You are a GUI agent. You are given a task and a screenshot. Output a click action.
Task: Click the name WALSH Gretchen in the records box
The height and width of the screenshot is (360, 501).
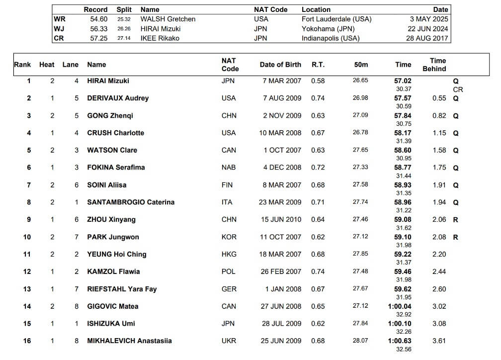pos(168,19)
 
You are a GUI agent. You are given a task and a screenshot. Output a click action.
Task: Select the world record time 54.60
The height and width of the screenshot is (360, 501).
pos(99,19)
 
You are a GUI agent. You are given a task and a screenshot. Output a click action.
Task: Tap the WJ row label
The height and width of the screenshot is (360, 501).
pos(59,29)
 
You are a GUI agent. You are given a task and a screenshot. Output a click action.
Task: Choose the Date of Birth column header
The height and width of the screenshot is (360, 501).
pos(280,65)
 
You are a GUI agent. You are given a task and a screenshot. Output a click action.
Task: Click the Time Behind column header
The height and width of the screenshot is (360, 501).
pos(434,65)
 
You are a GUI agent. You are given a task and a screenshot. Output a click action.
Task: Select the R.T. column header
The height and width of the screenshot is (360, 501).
pos(318,65)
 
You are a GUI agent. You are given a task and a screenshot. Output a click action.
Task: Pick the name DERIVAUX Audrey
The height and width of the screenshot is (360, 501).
pos(118,98)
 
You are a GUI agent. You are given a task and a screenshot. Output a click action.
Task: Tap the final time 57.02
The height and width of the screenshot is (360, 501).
pos(403,81)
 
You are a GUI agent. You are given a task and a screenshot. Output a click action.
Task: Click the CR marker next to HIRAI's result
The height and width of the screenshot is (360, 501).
pos(458,90)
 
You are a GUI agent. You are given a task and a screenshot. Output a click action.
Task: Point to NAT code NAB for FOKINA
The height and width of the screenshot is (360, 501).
pos(229,168)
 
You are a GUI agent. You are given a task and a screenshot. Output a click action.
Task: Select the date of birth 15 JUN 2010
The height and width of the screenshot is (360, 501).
pos(282,220)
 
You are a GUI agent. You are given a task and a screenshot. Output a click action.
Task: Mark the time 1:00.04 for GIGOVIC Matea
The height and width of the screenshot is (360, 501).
pos(400,306)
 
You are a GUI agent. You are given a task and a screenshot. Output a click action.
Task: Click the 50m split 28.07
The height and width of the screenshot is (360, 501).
pos(360,341)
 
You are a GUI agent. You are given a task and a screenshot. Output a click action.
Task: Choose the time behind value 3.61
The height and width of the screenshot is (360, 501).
pos(439,341)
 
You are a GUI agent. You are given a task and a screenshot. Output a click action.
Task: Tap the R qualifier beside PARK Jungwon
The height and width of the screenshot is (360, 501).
pos(456,237)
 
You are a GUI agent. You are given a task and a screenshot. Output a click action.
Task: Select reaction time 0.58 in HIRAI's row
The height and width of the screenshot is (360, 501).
pos(318,81)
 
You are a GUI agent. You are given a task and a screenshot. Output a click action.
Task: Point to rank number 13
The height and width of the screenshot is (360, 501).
pos(27,289)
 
